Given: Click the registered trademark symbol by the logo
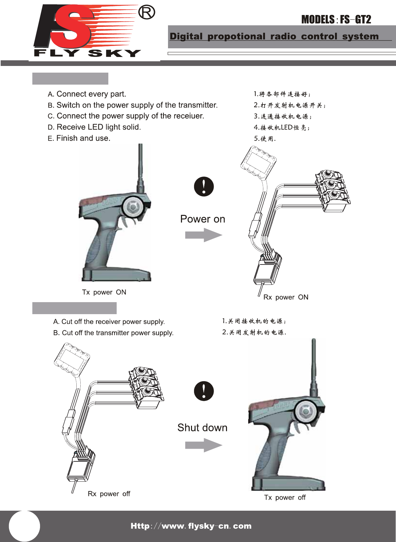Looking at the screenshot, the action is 147,13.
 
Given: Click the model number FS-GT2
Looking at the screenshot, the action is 355,20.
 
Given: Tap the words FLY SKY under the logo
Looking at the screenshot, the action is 87,53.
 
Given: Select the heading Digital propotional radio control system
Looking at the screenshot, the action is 274,36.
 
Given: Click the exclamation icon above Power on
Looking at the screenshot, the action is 204,186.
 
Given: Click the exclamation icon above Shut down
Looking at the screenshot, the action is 204,391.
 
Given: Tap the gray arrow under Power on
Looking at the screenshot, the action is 203,235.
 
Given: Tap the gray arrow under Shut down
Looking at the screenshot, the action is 203,445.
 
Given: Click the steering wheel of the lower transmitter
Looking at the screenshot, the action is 305,411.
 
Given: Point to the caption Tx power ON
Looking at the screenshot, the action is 104,292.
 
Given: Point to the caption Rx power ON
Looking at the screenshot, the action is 286,297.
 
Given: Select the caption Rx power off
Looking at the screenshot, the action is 109,494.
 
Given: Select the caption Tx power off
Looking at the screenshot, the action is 285,497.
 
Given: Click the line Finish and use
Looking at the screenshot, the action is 79,138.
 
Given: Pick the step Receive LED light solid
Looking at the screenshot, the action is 95,127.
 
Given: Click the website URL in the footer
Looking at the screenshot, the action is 191,526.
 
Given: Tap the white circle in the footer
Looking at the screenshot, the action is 24,526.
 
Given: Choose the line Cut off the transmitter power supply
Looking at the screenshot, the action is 113,333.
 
